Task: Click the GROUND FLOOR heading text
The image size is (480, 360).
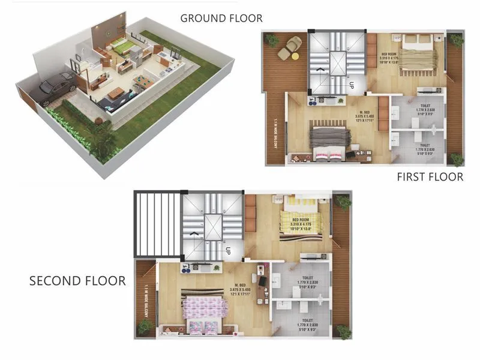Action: pos(221,19)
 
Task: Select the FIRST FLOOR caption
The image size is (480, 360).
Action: pos(430,177)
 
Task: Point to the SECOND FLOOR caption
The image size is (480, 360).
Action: pos(77,281)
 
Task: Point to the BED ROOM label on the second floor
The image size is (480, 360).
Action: pos(299,220)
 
